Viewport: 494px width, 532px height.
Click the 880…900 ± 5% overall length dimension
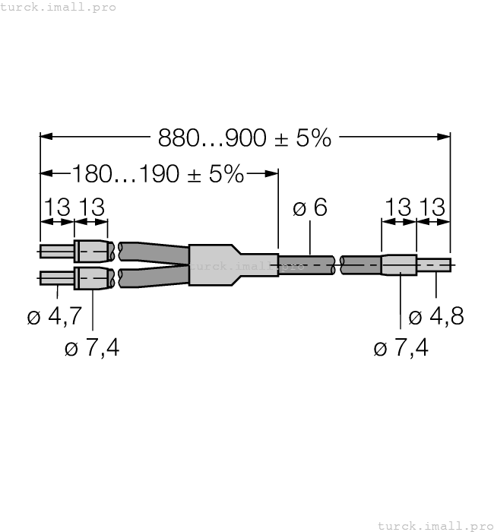click(245, 138)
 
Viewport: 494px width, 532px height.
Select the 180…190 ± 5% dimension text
click(158, 174)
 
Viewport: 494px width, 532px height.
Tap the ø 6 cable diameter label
click(310, 207)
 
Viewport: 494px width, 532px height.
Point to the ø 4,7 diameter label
click(54, 316)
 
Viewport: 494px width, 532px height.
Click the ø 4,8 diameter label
click(435, 316)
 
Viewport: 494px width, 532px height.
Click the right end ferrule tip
click(433, 265)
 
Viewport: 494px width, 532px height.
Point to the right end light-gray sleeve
click(399, 265)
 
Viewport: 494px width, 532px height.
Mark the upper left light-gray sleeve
click(92, 250)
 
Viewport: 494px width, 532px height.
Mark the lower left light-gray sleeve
click(92, 279)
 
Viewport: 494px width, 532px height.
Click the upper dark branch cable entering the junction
click(152, 251)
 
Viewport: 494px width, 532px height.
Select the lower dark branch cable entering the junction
click(152, 278)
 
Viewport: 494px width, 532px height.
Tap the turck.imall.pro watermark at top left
click(59, 7)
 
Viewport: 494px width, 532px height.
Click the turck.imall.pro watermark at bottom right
click(435, 525)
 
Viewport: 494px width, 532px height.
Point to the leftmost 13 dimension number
click(57, 207)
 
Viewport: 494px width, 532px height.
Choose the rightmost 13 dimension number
click(434, 207)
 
